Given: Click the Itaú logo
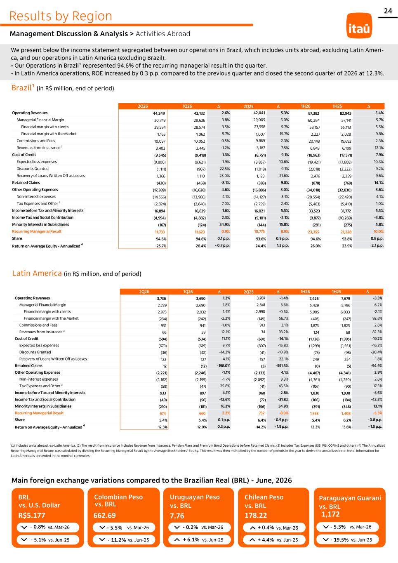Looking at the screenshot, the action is (x=359, y=26).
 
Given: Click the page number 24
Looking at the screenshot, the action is (x=388, y=11).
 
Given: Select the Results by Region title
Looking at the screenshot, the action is (x=61, y=16).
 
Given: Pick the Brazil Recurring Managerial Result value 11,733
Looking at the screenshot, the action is (x=160, y=232).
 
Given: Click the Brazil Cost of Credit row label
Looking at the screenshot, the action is (x=24, y=155).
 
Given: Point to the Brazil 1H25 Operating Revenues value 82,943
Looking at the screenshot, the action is (x=346, y=113).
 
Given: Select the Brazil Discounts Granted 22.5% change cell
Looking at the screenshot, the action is (x=225, y=169).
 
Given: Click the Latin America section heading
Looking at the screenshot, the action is (x=37, y=273).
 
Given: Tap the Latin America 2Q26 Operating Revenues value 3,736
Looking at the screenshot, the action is (x=161, y=299).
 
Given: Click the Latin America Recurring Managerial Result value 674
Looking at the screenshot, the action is (x=163, y=413).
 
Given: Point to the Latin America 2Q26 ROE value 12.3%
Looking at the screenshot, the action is (x=162, y=427).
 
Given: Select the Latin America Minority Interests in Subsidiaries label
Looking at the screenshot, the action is (x=43, y=406).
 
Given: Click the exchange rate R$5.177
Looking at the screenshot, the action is (x=32, y=516).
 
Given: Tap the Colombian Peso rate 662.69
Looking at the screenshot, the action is (x=104, y=516).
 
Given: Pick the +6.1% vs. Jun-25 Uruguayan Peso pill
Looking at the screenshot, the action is (x=200, y=539).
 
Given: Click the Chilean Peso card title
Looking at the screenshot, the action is (x=264, y=502).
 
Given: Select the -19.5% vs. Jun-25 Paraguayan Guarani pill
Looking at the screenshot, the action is (x=348, y=539).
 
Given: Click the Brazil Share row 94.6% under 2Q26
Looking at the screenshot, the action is (x=161, y=239).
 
